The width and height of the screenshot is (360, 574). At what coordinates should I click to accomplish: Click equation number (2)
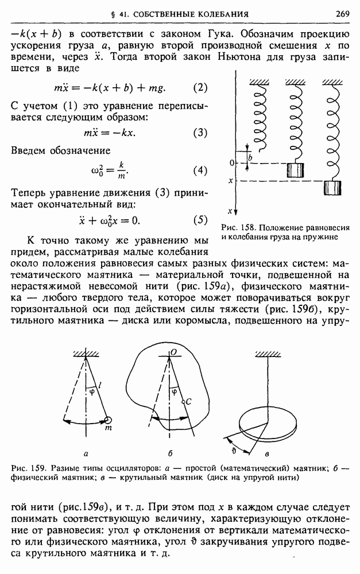[x=199, y=88]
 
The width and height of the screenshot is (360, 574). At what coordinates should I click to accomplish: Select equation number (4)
[x=199, y=170]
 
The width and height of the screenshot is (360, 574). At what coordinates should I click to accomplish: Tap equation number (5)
[x=199, y=220]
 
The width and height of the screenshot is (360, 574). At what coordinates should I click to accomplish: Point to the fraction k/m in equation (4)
[x=121, y=170]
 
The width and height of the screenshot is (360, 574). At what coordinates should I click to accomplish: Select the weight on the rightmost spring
[x=332, y=188]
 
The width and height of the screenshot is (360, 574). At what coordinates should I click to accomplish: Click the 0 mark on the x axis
[x=231, y=164]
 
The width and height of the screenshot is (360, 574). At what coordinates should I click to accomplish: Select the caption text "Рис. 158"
[x=234, y=228]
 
